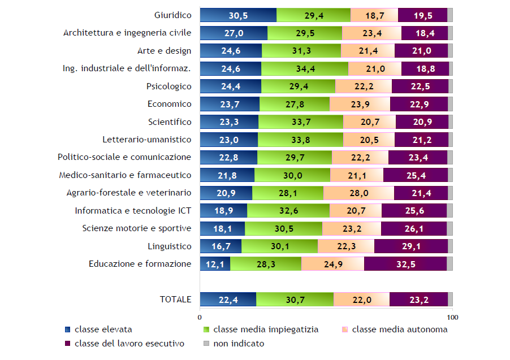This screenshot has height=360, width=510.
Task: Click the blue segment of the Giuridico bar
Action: pyautogui.click(x=238, y=15)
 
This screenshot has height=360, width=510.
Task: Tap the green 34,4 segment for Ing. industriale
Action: pyautogui.click(x=304, y=69)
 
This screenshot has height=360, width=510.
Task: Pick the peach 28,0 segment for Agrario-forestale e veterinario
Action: pyautogui.click(x=358, y=193)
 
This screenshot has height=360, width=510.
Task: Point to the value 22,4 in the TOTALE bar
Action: pyautogui.click(x=228, y=300)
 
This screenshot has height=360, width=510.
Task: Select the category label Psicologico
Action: pyautogui.click(x=168, y=86)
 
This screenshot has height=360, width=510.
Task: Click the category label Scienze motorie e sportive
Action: pyautogui.click(x=136, y=228)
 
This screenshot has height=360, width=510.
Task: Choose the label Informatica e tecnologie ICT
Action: pyautogui.click(x=133, y=211)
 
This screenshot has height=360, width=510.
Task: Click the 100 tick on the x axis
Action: pyautogui.click(x=452, y=316)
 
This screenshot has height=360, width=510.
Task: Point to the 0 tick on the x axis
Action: pyautogui.click(x=200, y=316)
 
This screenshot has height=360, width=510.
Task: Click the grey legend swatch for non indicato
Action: pyautogui.click(x=206, y=343)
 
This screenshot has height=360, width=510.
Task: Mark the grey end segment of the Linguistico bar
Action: pyautogui.click(x=450, y=246)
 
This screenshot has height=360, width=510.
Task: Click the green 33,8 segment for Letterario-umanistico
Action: pyautogui.click(x=300, y=140)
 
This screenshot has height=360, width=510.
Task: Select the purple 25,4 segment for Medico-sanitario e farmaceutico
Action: pyautogui.click(x=415, y=175)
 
